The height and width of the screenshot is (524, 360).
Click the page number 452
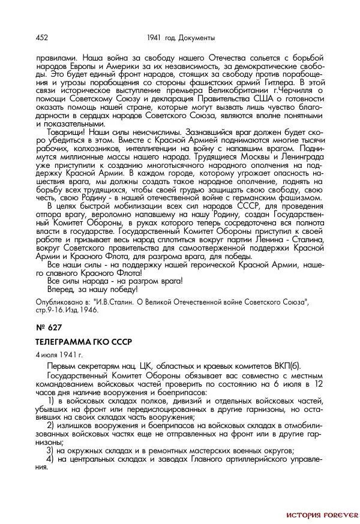coord(42,38)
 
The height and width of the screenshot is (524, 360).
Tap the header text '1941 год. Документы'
coord(184,38)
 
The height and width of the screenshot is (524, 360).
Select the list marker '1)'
coord(50,399)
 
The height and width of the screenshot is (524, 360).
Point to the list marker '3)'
coord(50,450)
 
